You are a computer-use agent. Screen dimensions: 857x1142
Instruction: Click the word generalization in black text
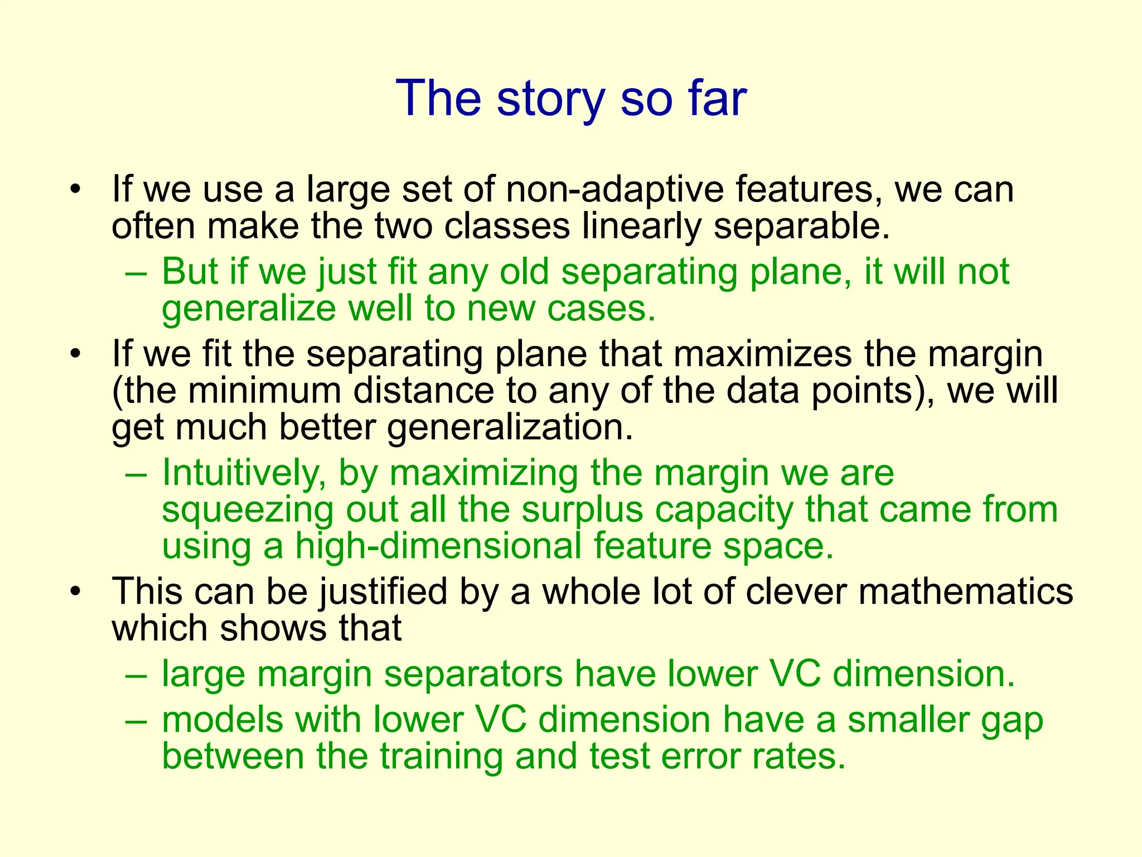click(x=510, y=427)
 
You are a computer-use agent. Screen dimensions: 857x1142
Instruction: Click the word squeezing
click(x=248, y=510)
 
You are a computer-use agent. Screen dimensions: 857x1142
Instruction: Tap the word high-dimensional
click(x=438, y=546)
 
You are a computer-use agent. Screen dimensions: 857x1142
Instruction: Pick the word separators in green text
click(x=473, y=674)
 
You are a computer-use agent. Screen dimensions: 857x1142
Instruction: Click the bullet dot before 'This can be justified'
click(x=76, y=592)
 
